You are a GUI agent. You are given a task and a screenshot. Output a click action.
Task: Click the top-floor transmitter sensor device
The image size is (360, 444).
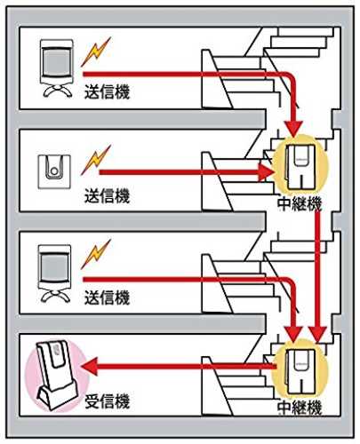(x=57, y=68)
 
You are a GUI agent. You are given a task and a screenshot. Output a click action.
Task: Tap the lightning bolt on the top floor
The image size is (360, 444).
(x=96, y=52)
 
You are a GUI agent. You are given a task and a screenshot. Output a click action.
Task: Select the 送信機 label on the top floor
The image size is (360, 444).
(x=108, y=91)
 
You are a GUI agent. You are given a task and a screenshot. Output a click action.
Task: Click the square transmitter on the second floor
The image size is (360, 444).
(x=54, y=171)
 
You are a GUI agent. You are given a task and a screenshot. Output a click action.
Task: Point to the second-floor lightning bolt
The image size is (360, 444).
(x=96, y=160)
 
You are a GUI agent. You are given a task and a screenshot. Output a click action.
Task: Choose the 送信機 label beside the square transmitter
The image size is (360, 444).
(x=108, y=195)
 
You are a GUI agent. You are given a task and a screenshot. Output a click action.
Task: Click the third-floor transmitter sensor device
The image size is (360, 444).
(x=55, y=274)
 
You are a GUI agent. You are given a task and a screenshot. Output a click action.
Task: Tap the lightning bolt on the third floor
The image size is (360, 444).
(x=96, y=254)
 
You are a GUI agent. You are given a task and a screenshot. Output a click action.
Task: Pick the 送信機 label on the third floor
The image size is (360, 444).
(x=108, y=297)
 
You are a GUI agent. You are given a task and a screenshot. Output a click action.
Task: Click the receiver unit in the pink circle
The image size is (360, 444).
(x=57, y=377)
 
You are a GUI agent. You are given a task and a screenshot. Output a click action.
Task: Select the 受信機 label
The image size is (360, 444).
(x=108, y=401)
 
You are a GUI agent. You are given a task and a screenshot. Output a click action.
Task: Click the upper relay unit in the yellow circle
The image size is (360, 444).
(x=300, y=167)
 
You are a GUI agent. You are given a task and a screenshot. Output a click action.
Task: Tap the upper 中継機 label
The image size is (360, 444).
(x=300, y=204)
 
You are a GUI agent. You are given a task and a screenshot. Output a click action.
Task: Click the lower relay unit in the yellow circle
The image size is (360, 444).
(x=300, y=372)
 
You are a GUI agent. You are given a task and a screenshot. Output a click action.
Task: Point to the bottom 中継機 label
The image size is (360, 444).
(x=300, y=408)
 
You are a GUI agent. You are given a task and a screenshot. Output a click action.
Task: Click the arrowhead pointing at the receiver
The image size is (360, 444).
(x=89, y=367)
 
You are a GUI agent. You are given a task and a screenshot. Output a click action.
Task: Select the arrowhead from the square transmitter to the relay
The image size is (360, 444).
(x=265, y=172)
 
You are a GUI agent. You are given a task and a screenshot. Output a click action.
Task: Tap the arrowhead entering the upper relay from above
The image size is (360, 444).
(x=293, y=129)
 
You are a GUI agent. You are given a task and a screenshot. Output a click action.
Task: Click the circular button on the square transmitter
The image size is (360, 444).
(x=54, y=171)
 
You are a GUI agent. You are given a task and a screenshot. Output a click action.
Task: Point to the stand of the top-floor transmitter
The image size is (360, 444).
(x=57, y=91)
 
